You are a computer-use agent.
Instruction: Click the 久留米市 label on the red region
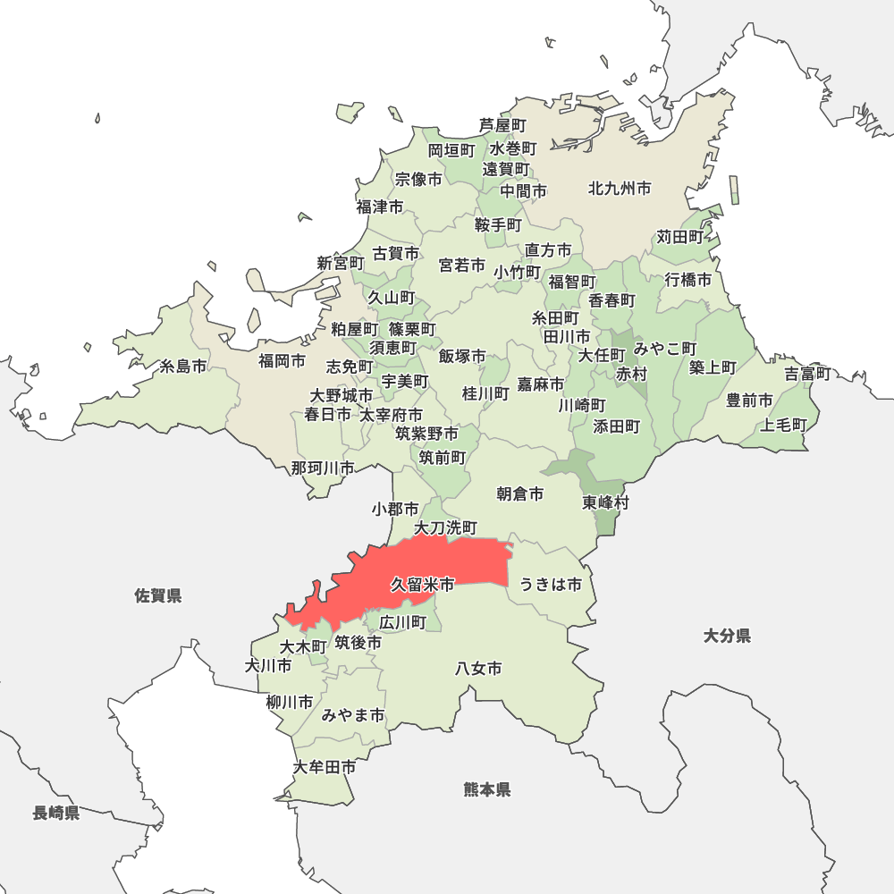point(422,585)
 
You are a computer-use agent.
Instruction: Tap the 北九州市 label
point(619,189)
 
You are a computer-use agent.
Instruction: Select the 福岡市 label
point(282,361)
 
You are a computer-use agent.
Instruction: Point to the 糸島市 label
point(182,366)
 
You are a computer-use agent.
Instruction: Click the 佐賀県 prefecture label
point(158,595)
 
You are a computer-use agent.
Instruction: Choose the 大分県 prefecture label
point(726,636)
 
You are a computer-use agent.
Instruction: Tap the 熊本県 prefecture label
point(487,789)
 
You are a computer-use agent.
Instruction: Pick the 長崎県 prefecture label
point(56,813)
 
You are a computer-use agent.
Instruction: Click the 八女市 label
point(478,668)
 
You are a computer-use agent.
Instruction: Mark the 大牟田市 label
point(325,767)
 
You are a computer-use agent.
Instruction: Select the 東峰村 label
point(606,502)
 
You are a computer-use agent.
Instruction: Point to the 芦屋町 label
point(502,125)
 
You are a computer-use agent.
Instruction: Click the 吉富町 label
point(808,374)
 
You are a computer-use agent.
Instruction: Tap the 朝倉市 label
point(520,493)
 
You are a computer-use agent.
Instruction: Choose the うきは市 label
point(551,585)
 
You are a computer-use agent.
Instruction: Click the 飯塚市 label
point(462,356)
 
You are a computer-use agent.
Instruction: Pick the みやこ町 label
point(665,348)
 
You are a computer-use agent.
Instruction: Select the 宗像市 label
point(418,179)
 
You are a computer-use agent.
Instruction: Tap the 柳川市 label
point(290,702)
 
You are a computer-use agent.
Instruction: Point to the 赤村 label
point(631,374)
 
